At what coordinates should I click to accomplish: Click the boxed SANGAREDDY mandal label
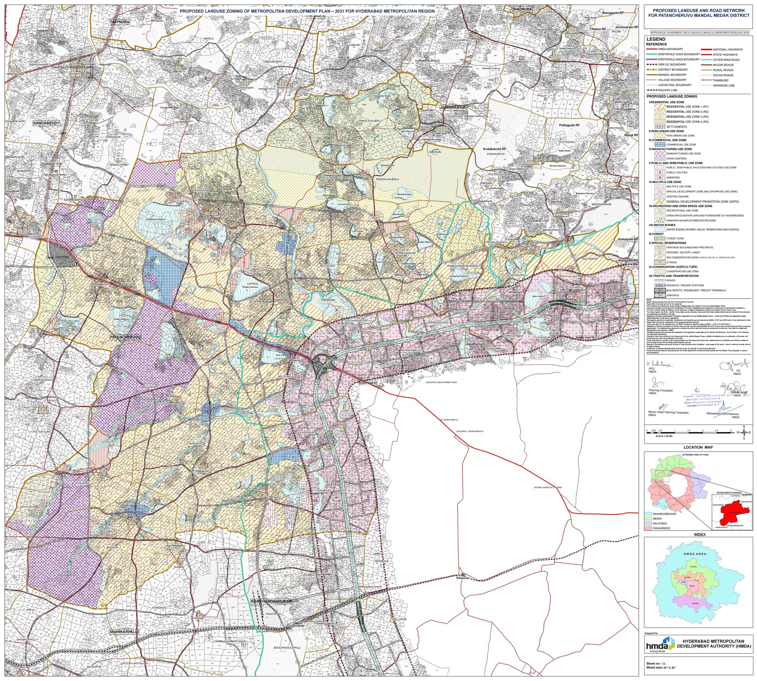[x=47, y=123]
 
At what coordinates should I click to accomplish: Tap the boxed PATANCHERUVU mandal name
[x=125, y=337]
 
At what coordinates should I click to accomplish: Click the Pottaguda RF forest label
[x=569, y=125]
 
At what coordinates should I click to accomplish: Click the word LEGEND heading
[x=656, y=39]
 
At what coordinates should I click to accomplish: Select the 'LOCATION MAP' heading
[x=698, y=447]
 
